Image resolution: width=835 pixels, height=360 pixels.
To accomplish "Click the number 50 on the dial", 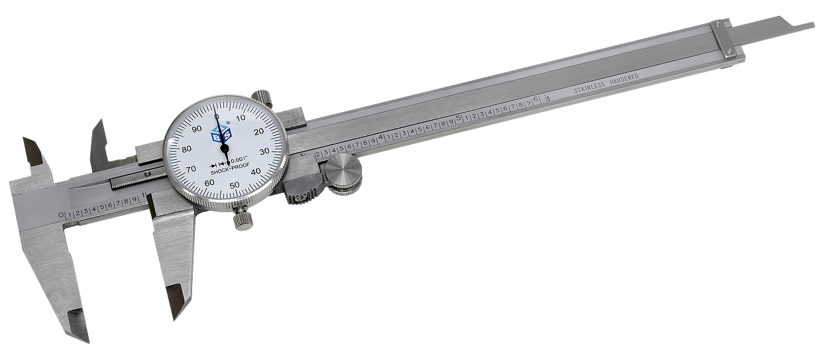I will (234, 185).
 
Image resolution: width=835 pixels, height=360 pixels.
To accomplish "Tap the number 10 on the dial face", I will (241, 118).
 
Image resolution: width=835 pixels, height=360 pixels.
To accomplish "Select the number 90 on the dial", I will (195, 130).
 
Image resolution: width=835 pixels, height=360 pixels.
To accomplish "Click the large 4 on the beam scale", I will (380, 138).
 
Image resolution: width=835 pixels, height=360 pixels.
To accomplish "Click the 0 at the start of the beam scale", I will (62, 215).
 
